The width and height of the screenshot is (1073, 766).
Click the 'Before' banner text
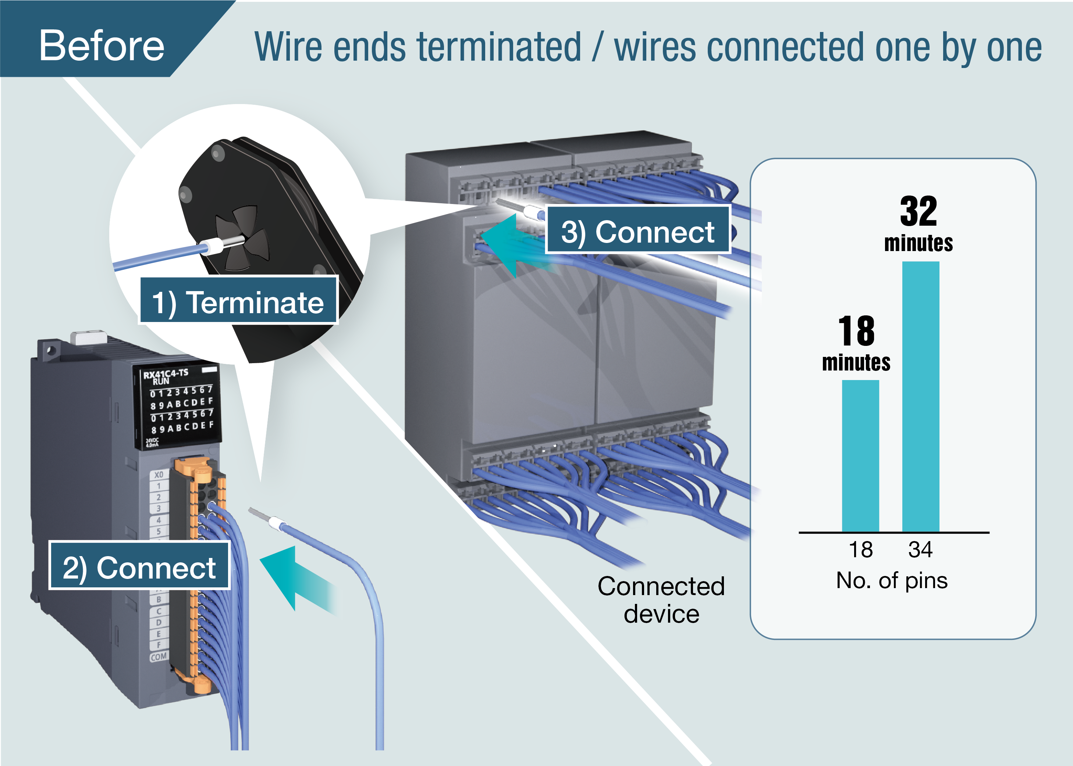[x=102, y=45]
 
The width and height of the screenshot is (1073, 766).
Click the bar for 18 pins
[x=860, y=456]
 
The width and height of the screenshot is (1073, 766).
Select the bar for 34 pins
[x=920, y=396]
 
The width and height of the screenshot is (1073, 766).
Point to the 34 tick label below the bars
[x=920, y=550]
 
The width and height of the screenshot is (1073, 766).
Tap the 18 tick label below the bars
[x=861, y=550]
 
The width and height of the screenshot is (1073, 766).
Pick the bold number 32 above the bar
[x=918, y=211]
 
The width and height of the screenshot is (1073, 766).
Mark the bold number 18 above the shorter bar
[x=856, y=331]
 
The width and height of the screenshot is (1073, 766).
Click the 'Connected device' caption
[x=661, y=599]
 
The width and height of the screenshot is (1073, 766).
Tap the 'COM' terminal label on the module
[x=159, y=656]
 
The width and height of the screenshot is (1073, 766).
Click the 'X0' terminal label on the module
[x=159, y=475]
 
